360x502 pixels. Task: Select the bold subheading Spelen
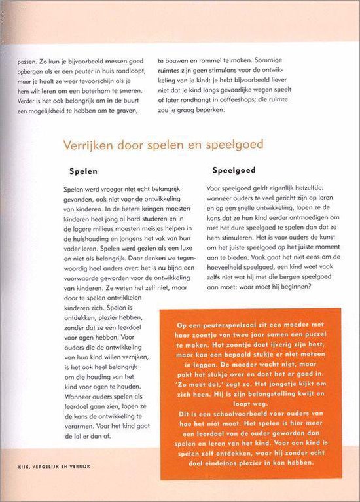pyautogui.click(x=83, y=171)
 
